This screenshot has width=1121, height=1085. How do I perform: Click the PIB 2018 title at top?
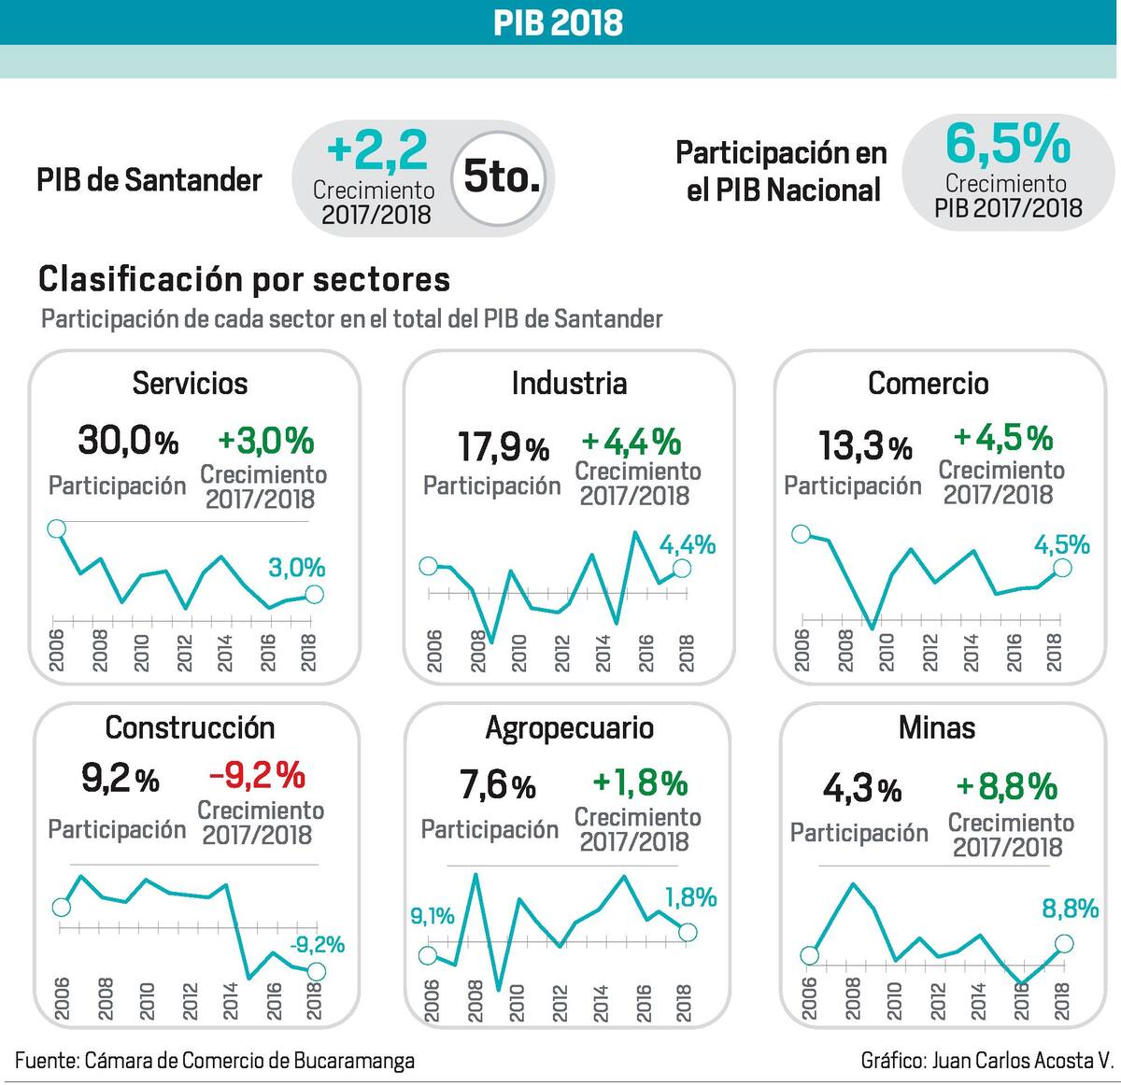(559, 22)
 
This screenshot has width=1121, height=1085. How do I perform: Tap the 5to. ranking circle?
(502, 176)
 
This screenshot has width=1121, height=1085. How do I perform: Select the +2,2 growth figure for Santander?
(377, 149)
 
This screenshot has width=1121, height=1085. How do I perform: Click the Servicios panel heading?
(190, 383)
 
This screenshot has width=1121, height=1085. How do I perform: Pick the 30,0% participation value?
(127, 440)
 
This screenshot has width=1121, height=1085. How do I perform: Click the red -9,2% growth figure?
(257, 774)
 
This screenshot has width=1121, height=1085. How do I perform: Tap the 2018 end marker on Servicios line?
(314, 595)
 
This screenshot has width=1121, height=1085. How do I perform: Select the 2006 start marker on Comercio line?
(801, 534)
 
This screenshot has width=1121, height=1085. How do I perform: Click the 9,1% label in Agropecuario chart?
(433, 916)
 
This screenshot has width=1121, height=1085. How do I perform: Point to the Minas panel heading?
(936, 727)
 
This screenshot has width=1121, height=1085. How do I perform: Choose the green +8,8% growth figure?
(1006, 786)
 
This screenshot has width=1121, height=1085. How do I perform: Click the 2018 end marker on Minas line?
(1064, 945)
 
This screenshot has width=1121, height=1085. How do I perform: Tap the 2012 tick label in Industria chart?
(561, 653)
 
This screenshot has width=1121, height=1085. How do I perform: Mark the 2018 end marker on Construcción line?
(316, 972)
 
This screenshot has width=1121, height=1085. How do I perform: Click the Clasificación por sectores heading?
(244, 278)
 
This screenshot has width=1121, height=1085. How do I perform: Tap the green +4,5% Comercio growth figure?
(1002, 438)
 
